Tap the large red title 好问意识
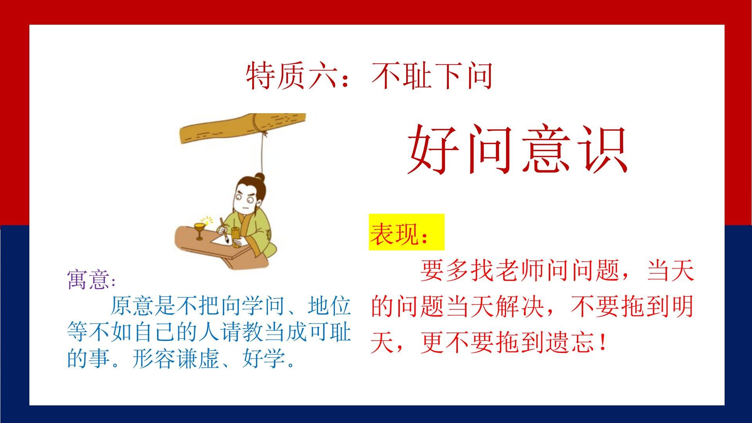point(518,149)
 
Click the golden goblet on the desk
point(200,231)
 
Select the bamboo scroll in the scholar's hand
point(236,237)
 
